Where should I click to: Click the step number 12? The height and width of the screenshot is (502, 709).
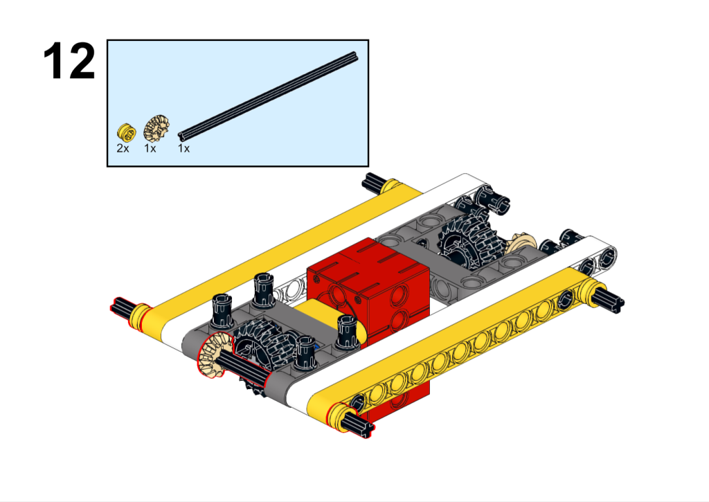pos(69,62)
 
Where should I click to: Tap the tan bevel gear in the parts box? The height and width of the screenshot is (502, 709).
pos(155,128)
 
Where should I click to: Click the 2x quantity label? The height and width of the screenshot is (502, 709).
pos(123,148)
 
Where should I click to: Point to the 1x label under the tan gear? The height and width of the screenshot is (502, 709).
pos(150,148)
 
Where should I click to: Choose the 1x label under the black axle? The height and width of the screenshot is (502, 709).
pos(183,148)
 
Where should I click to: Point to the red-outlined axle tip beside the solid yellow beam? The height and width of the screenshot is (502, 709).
pos(121,307)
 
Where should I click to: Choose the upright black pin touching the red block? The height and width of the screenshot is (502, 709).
pos(346,330)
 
